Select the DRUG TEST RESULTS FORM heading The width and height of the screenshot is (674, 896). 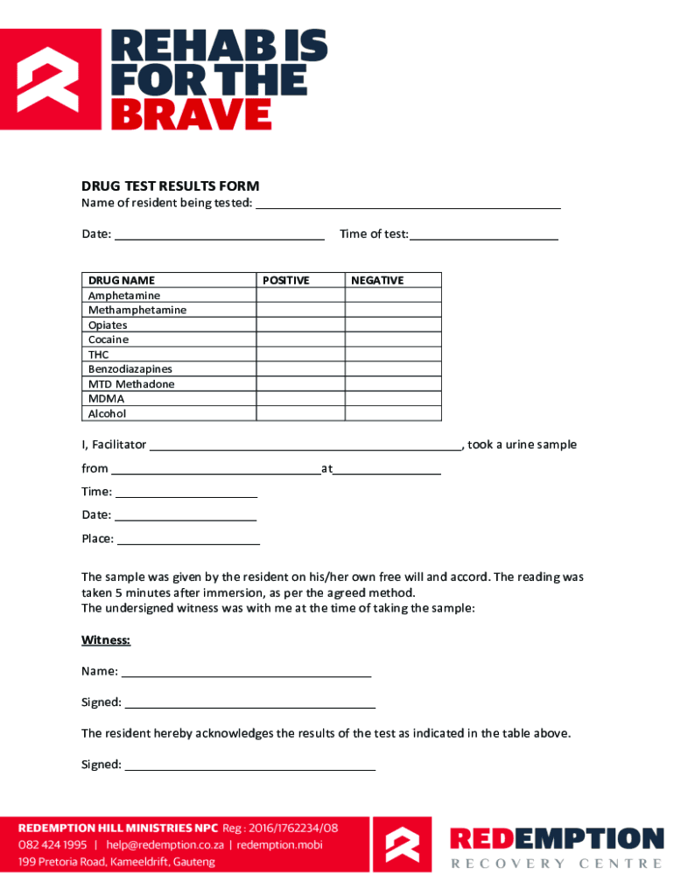(170, 186)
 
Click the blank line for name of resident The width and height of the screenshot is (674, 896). (407, 205)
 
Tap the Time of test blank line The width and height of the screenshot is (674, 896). (484, 235)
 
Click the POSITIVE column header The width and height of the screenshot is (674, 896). (286, 281)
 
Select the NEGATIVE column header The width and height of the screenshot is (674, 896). (377, 281)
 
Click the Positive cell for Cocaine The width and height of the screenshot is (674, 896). (300, 339)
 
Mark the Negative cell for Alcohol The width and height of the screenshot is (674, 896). (392, 414)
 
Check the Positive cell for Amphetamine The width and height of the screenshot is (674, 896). (300, 296)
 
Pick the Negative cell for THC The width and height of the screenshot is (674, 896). (392, 354)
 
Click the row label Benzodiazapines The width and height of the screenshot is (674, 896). (130, 369)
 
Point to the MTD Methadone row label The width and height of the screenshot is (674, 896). (131, 384)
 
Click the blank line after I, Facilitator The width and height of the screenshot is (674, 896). (305, 445)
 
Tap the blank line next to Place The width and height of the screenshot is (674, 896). (188, 540)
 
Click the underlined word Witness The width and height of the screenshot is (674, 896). (106, 640)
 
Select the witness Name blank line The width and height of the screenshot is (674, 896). (246, 673)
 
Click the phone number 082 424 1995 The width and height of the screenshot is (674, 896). (53, 845)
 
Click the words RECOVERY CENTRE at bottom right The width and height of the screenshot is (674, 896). (556, 864)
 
